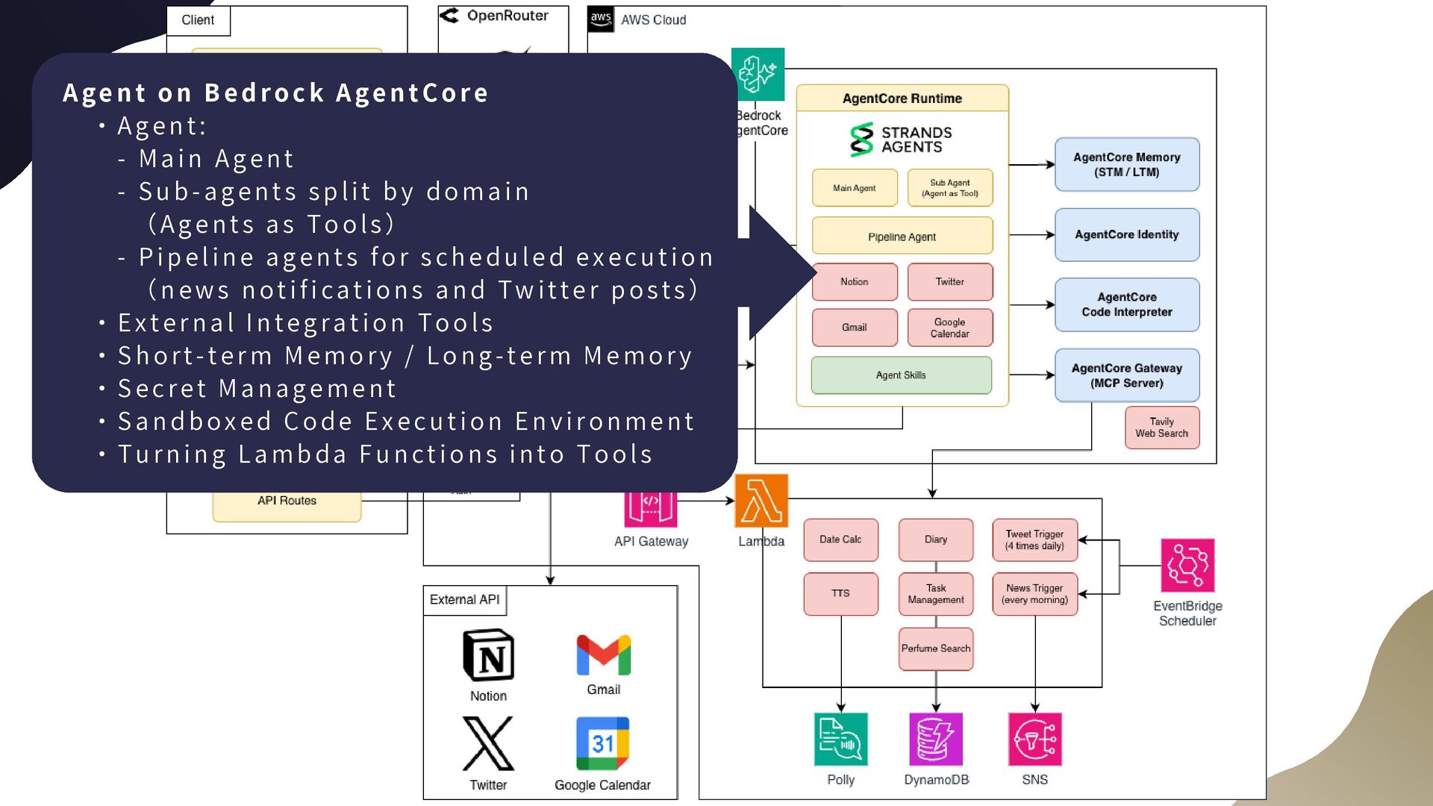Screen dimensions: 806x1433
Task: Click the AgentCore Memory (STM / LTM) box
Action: pyautogui.click(x=1126, y=165)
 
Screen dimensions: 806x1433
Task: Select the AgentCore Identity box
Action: pyautogui.click(x=1126, y=235)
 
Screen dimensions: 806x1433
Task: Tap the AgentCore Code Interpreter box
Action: pyautogui.click(x=1126, y=304)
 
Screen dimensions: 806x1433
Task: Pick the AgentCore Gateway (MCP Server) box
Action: pyautogui.click(x=1126, y=375)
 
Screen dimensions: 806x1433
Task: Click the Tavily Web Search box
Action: pyautogui.click(x=1161, y=428)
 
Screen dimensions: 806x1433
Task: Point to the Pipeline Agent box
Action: pyautogui.click(x=902, y=237)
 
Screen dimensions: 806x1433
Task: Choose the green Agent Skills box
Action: pyautogui.click(x=901, y=375)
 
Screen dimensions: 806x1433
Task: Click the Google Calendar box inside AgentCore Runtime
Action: pyautogui.click(x=949, y=328)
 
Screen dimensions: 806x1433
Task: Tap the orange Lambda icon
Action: pyautogui.click(x=761, y=501)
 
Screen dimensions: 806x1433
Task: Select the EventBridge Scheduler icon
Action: pyautogui.click(x=1187, y=566)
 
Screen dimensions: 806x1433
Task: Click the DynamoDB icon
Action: pyautogui.click(x=936, y=740)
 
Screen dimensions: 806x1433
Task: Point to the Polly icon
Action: pyautogui.click(x=840, y=740)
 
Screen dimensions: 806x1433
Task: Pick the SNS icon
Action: pyautogui.click(x=1034, y=740)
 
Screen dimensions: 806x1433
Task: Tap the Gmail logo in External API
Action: pyautogui.click(x=603, y=655)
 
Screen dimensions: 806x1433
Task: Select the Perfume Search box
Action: pyautogui.click(x=935, y=649)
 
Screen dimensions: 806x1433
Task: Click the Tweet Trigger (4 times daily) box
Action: pyautogui.click(x=1034, y=540)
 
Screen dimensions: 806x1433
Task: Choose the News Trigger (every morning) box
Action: pyautogui.click(x=1034, y=594)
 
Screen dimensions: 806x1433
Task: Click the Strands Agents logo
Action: pyautogui.click(x=901, y=140)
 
